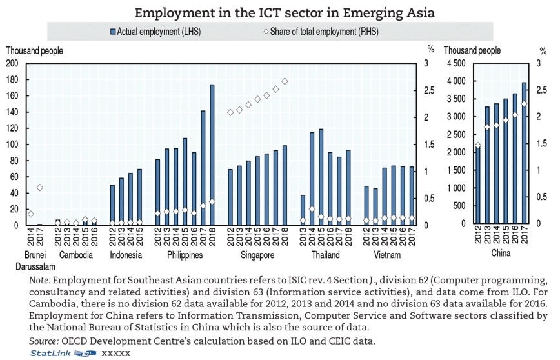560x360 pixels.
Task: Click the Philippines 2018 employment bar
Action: pos(212,155)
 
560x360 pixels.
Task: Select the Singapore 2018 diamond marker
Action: pos(285,81)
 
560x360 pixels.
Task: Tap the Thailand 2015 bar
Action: pos(321,177)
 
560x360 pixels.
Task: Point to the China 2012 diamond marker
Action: pos(477,145)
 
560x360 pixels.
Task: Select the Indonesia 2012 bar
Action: pos(112,205)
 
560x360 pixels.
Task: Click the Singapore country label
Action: pos(257,255)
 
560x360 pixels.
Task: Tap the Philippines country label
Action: pos(185,255)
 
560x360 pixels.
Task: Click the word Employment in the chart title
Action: pos(168,12)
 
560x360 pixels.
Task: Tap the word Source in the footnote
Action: pos(44,340)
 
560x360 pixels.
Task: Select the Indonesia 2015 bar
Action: pos(139,197)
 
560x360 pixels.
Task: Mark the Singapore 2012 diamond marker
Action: pos(230,112)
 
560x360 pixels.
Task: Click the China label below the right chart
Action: pos(500,253)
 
